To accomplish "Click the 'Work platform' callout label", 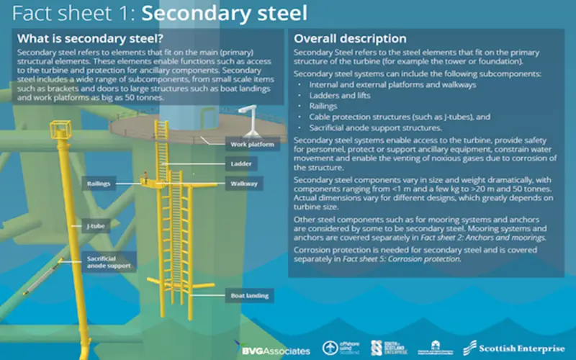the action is (x=253, y=145).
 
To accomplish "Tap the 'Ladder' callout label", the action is (x=241, y=164).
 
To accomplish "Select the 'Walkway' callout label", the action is (x=244, y=184).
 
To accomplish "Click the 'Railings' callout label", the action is (x=99, y=184).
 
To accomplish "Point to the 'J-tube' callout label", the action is (x=96, y=226).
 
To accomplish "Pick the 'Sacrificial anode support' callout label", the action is (x=109, y=262).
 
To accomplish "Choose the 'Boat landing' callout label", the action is (x=249, y=295).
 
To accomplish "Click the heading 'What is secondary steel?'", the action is (x=91, y=39).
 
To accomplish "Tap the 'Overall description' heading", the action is (x=350, y=39).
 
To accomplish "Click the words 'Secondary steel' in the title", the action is (x=225, y=13).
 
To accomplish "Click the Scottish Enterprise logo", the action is (x=514, y=348).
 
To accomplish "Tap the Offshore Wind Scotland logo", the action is (x=341, y=348).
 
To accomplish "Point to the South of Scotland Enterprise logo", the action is (x=389, y=348).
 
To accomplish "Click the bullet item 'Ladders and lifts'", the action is (x=340, y=96).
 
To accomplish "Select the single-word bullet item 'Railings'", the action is (x=323, y=106).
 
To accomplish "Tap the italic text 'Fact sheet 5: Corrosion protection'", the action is (x=401, y=259).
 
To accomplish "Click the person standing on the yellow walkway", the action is (x=145, y=177).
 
